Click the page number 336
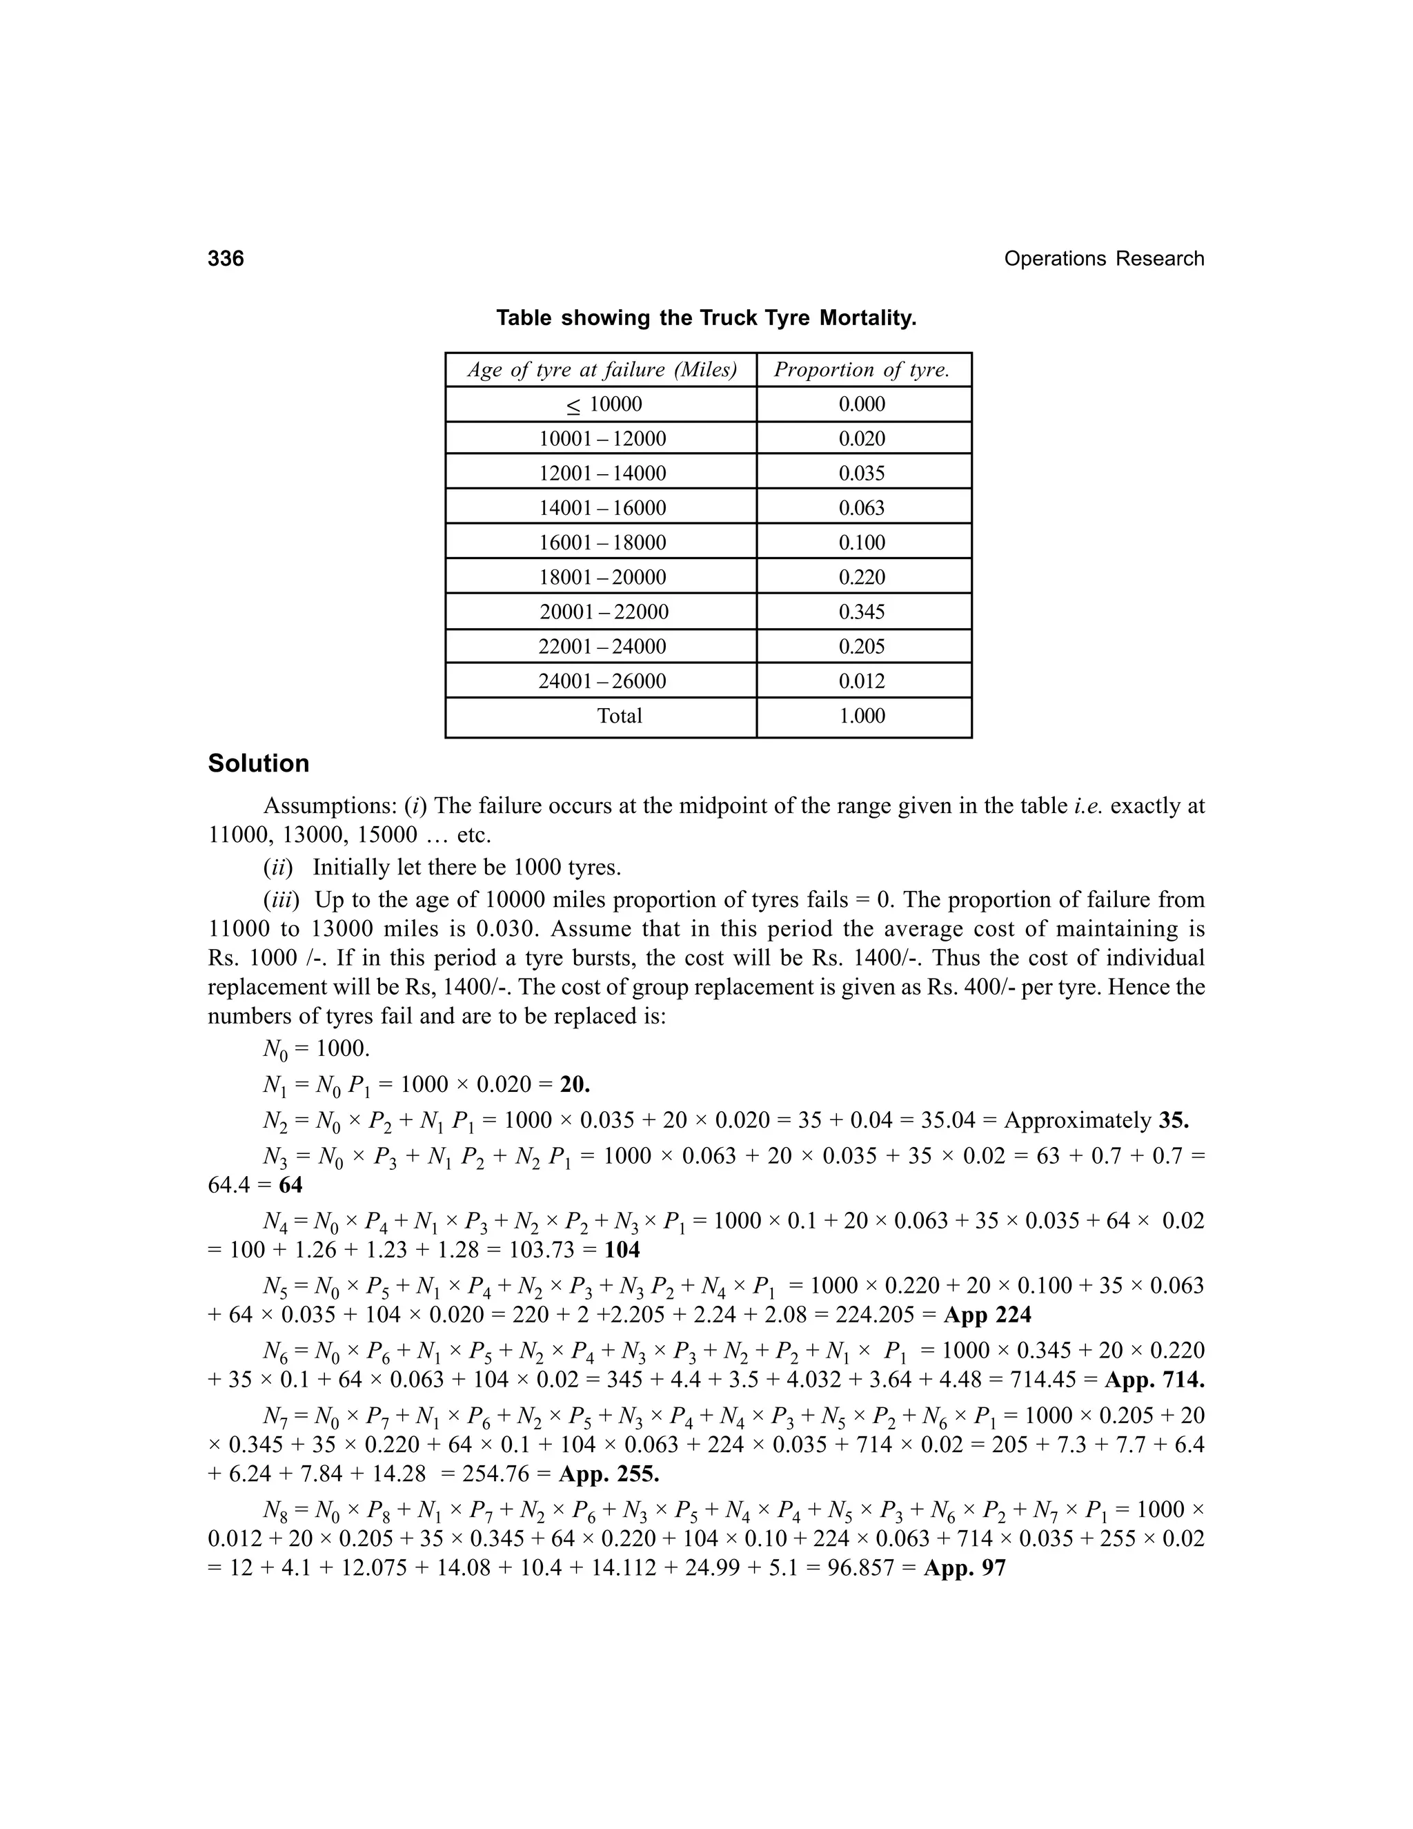[x=226, y=259]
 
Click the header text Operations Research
[x=1103, y=259]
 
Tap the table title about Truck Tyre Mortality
[x=706, y=318]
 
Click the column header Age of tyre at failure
[x=601, y=370]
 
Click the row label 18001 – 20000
[x=602, y=577]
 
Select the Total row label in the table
[x=620, y=716]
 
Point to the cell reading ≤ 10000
[x=604, y=404]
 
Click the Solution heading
[x=259, y=764]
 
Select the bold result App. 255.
[x=609, y=1473]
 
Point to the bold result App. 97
[x=965, y=1567]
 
